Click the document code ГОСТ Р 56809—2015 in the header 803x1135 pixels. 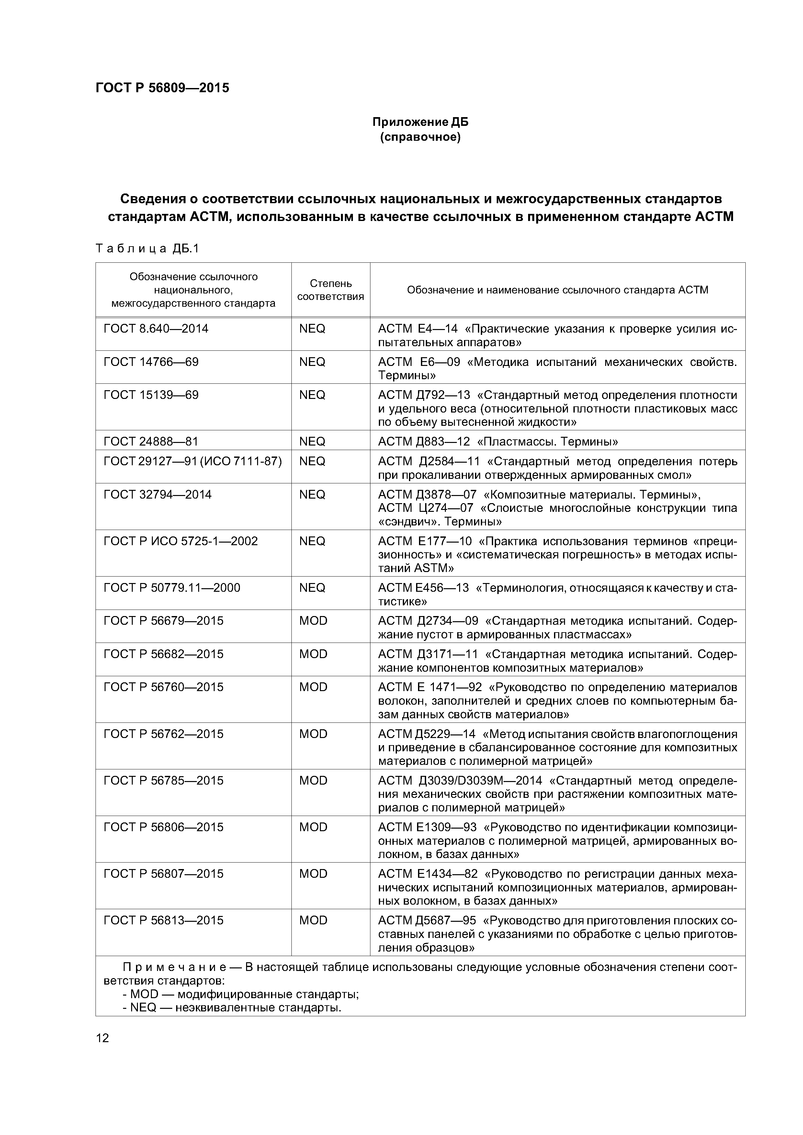(x=162, y=88)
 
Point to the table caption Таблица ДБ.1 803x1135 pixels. (x=147, y=248)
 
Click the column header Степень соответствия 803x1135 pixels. (x=331, y=290)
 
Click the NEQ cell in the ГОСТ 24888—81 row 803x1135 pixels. (x=312, y=441)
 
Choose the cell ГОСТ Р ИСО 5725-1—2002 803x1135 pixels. (x=181, y=541)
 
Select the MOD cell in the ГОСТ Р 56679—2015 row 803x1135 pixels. (x=313, y=620)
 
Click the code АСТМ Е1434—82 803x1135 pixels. (x=428, y=874)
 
